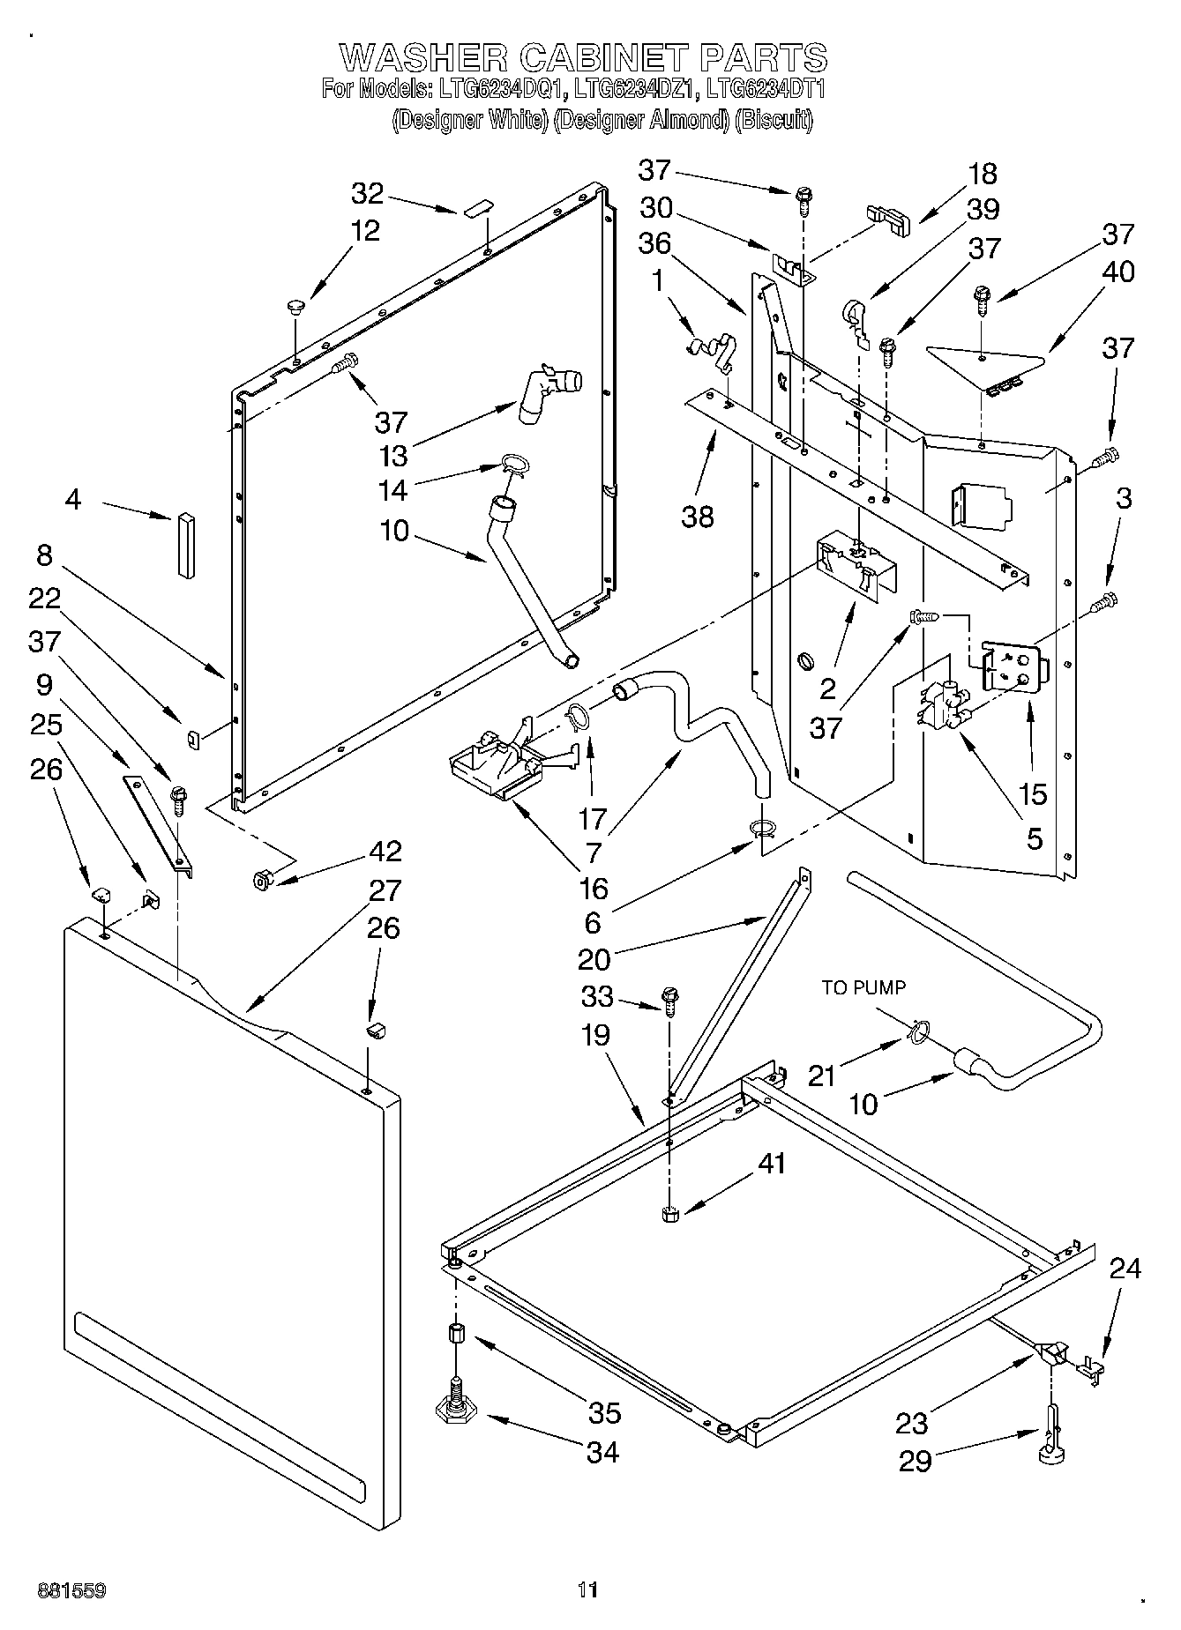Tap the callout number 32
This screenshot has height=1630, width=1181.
[367, 193]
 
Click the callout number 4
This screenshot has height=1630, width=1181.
[73, 500]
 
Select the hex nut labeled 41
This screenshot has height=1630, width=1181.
[669, 1214]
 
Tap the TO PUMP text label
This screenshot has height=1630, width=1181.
[863, 988]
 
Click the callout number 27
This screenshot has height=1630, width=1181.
[385, 890]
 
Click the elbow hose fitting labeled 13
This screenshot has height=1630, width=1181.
[549, 394]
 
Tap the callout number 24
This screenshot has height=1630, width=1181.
[1125, 1269]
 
